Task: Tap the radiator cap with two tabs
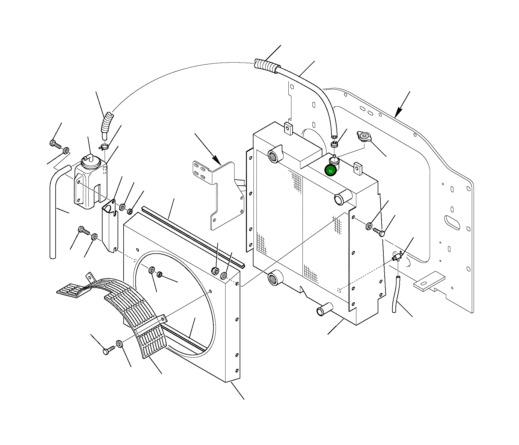(364, 137)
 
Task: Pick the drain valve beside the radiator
(397, 257)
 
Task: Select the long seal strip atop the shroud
(192, 235)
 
